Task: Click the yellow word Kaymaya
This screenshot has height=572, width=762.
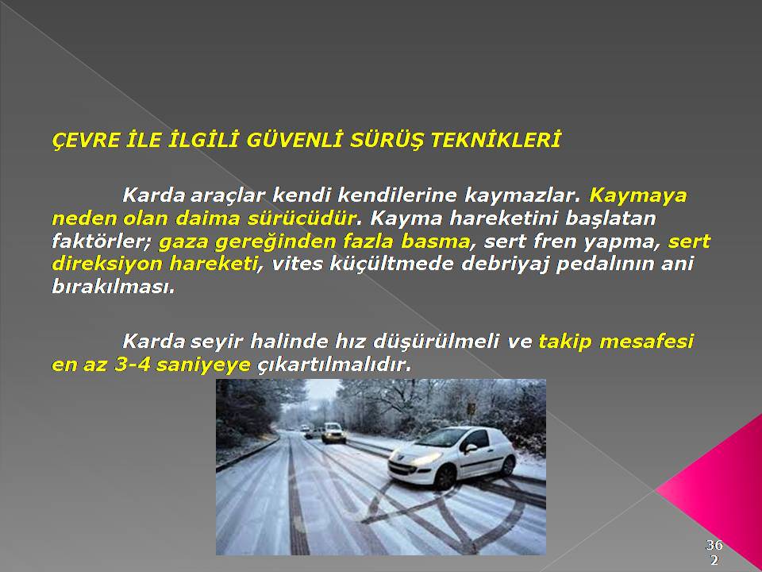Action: [x=638, y=196]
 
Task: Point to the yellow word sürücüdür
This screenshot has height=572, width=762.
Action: [x=302, y=218]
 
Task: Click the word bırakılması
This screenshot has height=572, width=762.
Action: [x=113, y=287]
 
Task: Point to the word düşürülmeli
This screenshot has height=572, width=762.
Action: [x=436, y=342]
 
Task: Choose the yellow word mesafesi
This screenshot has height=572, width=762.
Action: [x=646, y=342]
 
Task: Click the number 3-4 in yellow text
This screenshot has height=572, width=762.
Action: [x=133, y=365]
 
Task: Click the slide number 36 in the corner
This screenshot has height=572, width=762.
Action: [x=714, y=544]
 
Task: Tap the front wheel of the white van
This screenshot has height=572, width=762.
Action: [x=444, y=478]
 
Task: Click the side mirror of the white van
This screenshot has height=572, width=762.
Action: [x=470, y=447]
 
